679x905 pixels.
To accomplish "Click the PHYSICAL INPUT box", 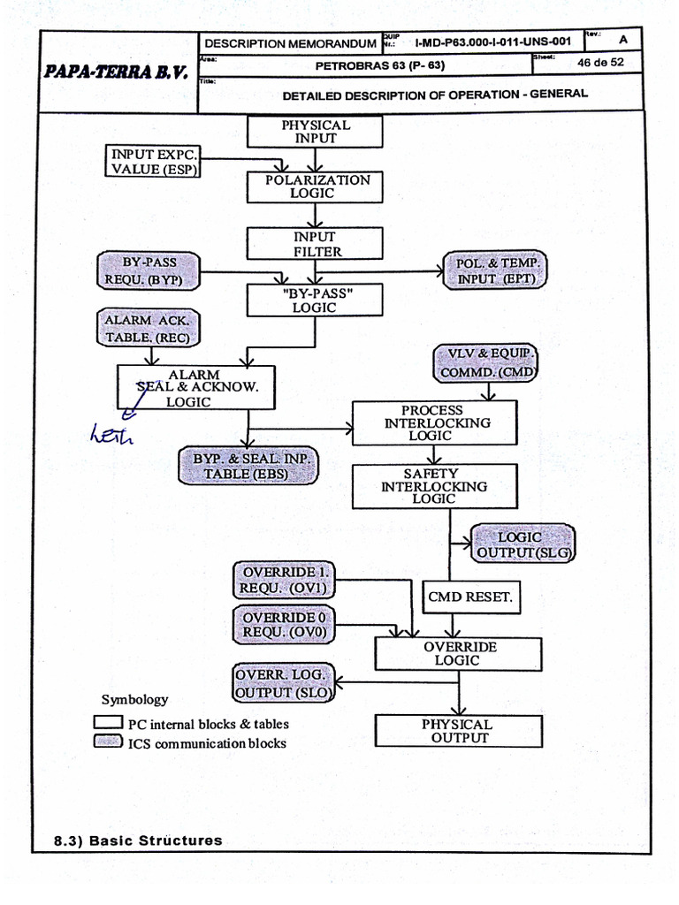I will point(315,132).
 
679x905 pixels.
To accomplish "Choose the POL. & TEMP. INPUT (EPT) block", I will point(496,271).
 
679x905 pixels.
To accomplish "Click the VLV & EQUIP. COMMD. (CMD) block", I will point(486,363).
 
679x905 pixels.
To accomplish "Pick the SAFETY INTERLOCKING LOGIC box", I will point(433,486).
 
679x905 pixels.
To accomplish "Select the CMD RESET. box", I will point(469,597).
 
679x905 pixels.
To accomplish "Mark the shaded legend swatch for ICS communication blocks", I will point(108,742).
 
